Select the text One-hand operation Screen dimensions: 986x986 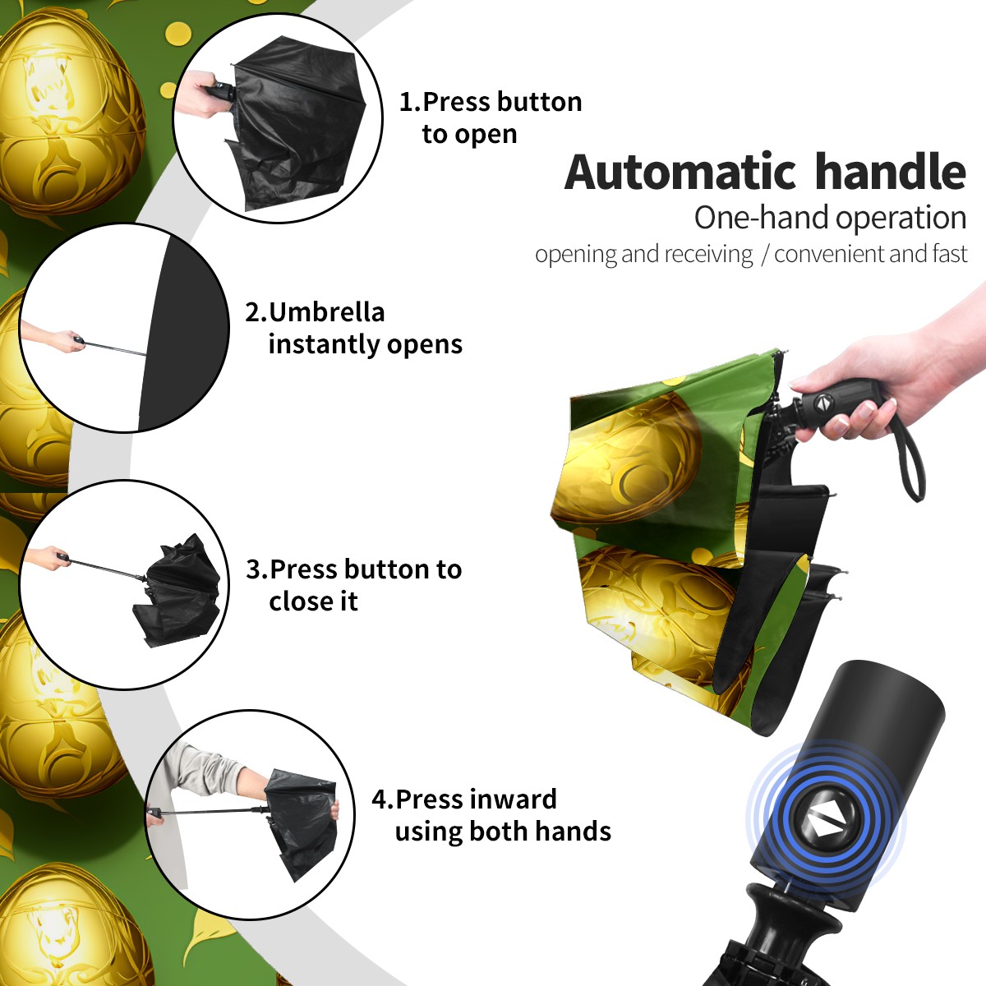[x=830, y=218]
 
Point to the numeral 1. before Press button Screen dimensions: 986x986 [x=409, y=102]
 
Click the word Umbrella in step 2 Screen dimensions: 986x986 [x=326, y=312]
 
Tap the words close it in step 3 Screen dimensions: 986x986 [x=313, y=601]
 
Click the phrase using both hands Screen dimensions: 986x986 [x=503, y=832]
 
